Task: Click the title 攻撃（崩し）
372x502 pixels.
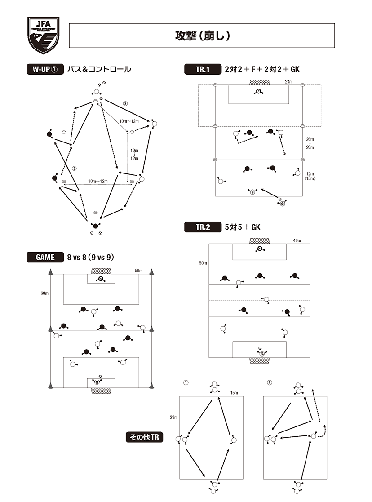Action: tap(202, 36)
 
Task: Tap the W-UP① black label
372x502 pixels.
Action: tap(44, 69)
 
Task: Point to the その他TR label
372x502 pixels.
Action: tap(143, 436)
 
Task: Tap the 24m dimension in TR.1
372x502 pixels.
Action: tap(288, 82)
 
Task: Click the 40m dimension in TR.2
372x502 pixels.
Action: tap(296, 240)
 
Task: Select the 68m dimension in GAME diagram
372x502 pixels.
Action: tap(44, 293)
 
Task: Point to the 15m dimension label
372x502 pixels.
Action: tap(234, 392)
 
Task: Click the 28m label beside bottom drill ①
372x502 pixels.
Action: tap(173, 417)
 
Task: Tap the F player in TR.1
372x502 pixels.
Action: tap(252, 192)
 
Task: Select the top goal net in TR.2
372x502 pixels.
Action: tap(259, 241)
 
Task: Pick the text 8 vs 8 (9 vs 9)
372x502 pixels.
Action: tap(91, 257)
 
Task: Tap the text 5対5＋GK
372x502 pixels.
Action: tap(243, 227)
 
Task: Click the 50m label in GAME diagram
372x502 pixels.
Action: tap(138, 271)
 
